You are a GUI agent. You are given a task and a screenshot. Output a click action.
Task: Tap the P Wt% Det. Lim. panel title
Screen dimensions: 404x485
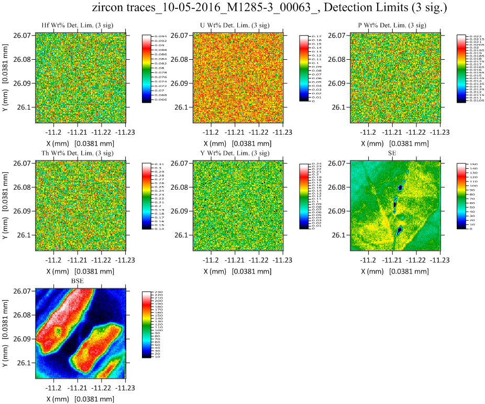click(394, 26)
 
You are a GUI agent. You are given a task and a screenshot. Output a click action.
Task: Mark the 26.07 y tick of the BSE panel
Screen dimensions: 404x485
click(24, 291)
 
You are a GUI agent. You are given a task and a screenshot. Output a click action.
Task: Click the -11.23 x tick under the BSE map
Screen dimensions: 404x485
click(125, 388)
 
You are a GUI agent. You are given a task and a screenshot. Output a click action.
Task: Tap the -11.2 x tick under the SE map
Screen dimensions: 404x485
click(369, 260)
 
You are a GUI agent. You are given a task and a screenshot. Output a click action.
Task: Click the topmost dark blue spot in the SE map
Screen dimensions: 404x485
click(400, 187)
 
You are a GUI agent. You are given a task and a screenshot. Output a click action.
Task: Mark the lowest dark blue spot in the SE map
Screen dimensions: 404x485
click(399, 230)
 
